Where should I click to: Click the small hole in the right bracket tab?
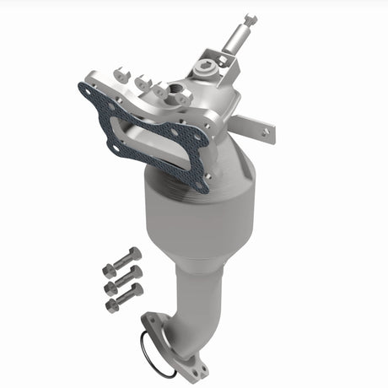pos(268,132)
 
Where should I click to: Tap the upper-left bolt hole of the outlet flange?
pos(152,321)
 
